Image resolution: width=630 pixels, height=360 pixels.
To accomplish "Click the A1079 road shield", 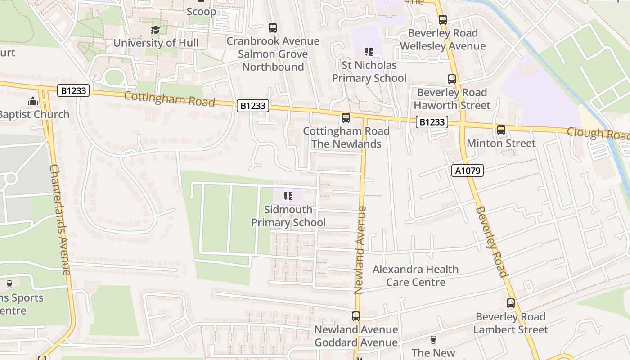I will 468,171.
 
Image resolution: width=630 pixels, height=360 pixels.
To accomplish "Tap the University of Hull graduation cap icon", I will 155,30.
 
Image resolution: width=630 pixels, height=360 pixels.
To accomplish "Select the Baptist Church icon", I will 32,102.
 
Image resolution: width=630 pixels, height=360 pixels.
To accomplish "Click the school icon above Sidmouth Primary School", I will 288,196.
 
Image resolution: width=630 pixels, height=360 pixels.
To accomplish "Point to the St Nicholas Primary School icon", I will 369,52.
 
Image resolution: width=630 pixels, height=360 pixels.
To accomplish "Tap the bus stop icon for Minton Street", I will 501,130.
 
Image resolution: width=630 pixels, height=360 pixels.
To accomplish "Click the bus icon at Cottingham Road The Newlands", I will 346,118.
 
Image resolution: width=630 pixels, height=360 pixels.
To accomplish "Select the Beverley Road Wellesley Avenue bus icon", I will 443,20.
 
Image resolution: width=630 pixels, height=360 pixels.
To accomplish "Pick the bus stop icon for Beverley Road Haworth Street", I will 452,79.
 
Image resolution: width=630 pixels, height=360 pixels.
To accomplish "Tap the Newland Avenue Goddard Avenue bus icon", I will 356,316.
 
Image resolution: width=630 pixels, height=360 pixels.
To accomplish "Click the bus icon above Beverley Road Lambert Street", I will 510,303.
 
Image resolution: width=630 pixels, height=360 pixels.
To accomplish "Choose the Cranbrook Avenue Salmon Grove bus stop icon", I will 272,28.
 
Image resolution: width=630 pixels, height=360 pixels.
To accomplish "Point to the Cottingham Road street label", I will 169,99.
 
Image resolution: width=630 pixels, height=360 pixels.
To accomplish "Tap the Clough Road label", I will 598,134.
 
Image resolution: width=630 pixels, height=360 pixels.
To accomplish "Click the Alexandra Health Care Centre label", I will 416,275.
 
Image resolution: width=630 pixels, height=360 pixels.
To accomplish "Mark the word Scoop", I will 201,12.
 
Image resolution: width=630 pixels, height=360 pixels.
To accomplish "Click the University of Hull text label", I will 156,43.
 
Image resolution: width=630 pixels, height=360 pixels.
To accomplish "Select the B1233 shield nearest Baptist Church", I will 74,91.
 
